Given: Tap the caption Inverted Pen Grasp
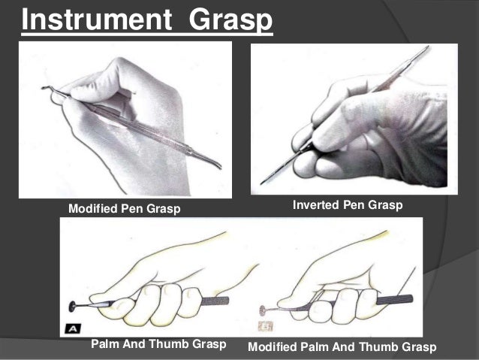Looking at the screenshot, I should pos(348,204).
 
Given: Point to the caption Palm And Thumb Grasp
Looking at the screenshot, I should pos(158,344).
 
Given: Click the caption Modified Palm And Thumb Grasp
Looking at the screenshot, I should pos(342,346).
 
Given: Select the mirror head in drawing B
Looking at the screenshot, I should pos(263,307).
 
